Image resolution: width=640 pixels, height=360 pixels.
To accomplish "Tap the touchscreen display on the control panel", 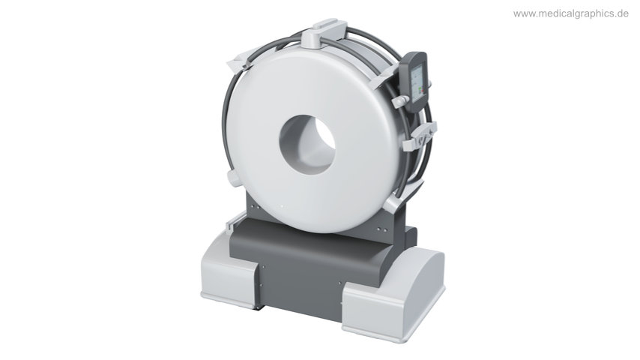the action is pos(417,85).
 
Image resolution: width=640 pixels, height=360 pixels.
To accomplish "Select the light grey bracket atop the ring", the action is pos(322,33).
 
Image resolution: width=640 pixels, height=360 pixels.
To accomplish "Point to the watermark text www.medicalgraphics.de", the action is pos(570,13).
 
